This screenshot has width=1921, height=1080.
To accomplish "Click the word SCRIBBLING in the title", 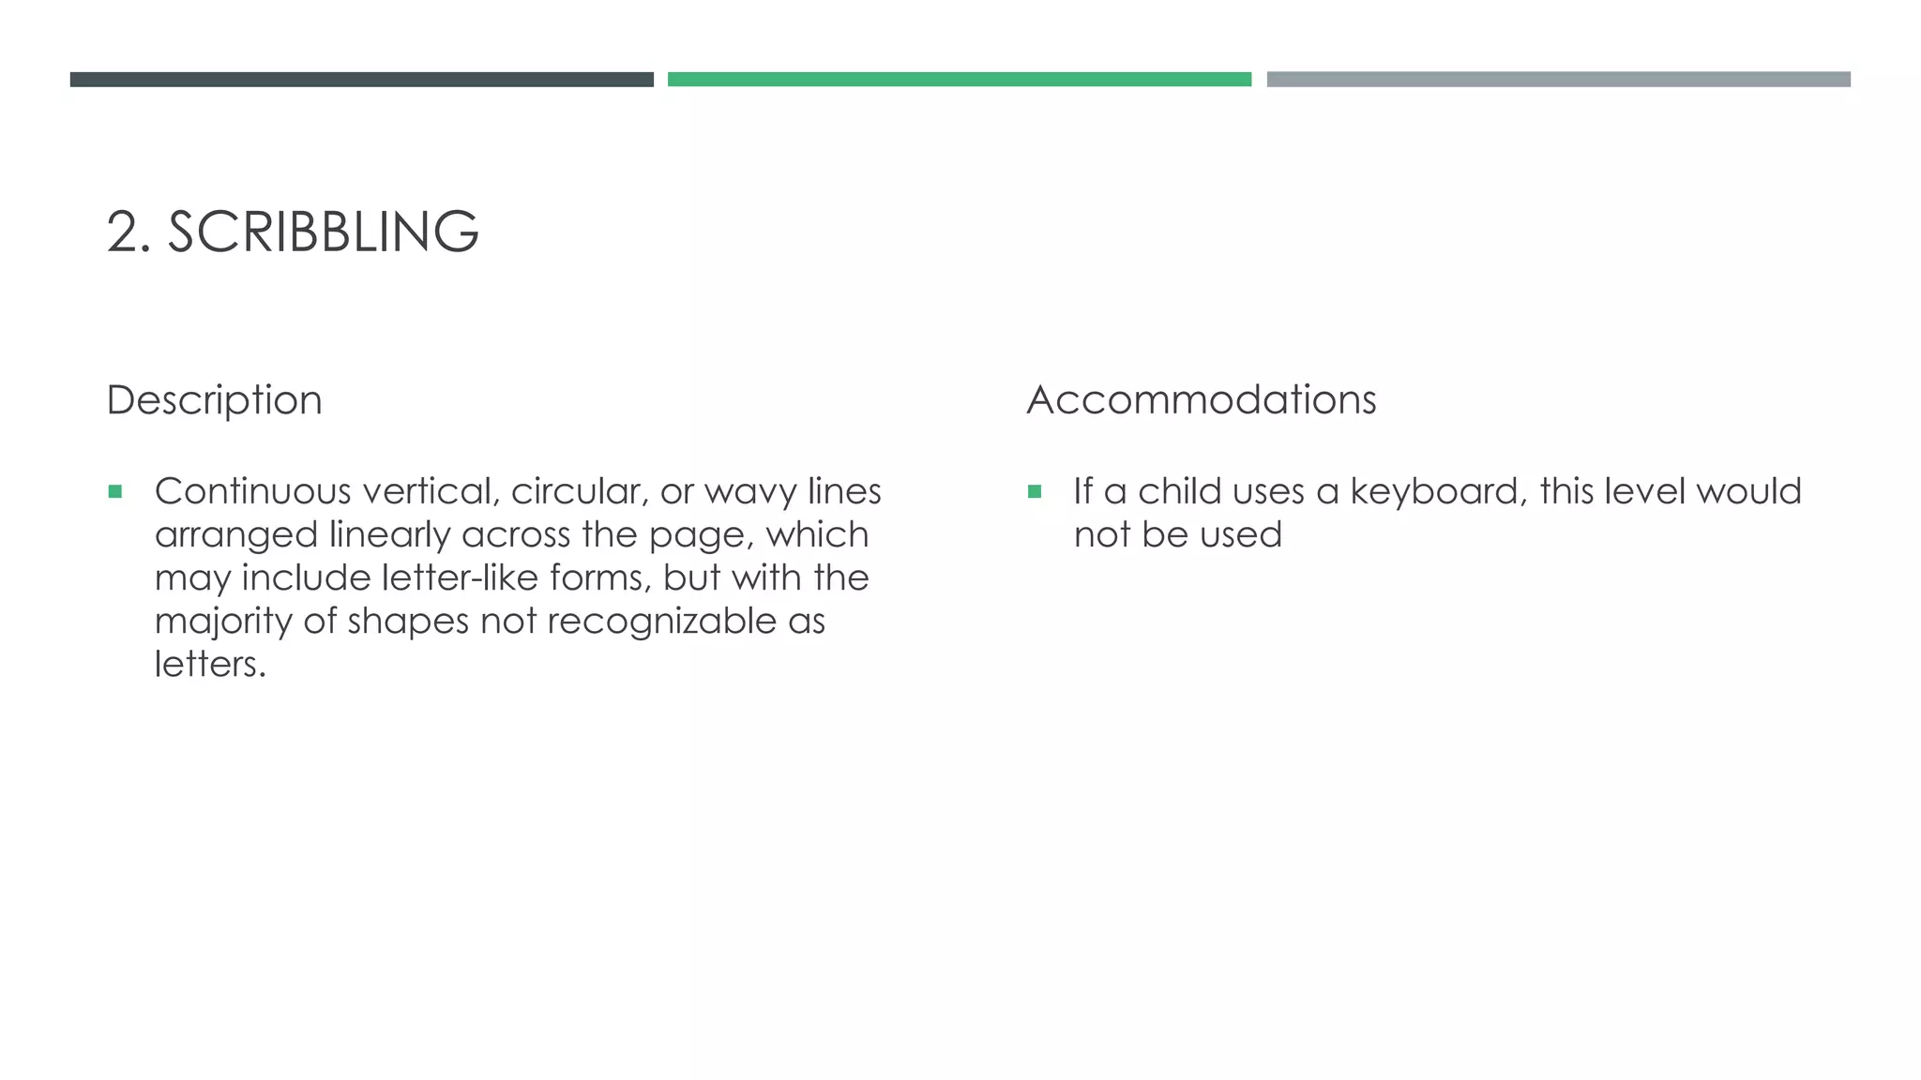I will [x=323, y=232].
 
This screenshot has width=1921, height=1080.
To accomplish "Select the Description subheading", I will [x=214, y=400].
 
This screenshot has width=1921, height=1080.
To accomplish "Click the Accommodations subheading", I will [x=1202, y=400].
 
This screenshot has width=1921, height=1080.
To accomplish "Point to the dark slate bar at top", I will [x=361, y=80].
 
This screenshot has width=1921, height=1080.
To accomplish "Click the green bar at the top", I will [x=959, y=80].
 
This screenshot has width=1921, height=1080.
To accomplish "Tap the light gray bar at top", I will [x=1558, y=80].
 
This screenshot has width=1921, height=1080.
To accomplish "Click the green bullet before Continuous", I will [x=115, y=491].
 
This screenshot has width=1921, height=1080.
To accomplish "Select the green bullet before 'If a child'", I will [x=1035, y=491].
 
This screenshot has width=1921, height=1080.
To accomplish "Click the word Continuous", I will [x=252, y=491].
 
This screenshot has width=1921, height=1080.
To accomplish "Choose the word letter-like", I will [x=460, y=577].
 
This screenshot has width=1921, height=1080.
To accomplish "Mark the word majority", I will [x=223, y=622].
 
